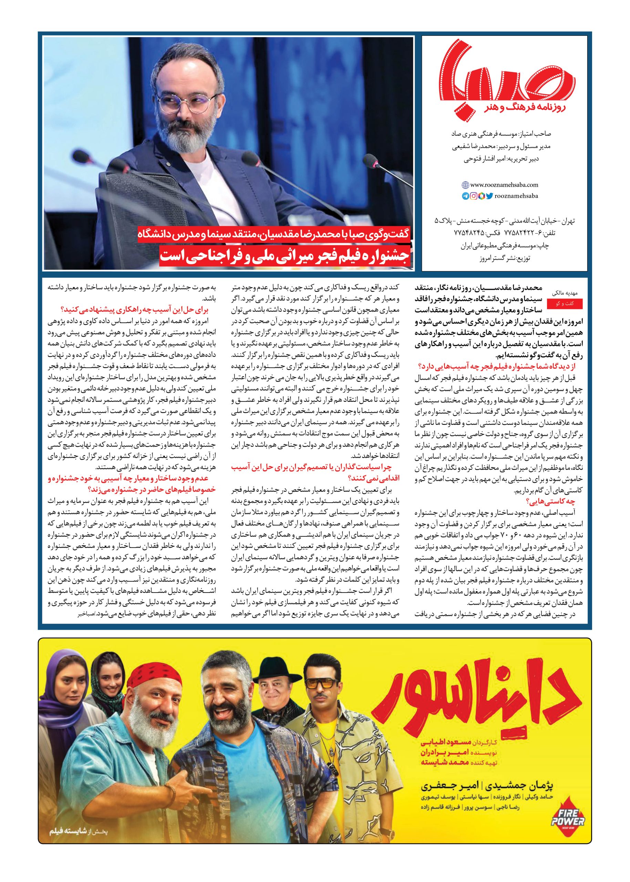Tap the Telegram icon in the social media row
[465, 196]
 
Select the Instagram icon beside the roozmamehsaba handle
[473, 196]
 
